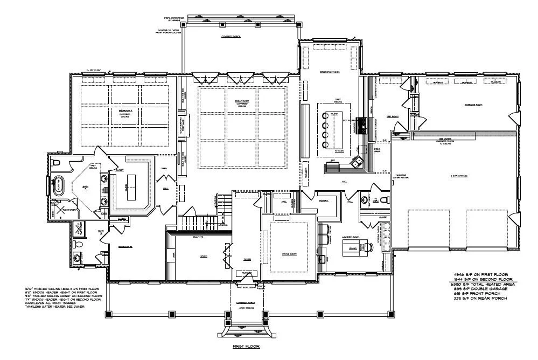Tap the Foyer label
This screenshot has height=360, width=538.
(247, 259)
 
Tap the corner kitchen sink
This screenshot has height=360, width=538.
(357, 161)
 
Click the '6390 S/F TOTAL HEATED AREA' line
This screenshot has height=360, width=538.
(484, 283)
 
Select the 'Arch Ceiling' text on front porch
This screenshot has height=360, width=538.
(246, 308)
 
